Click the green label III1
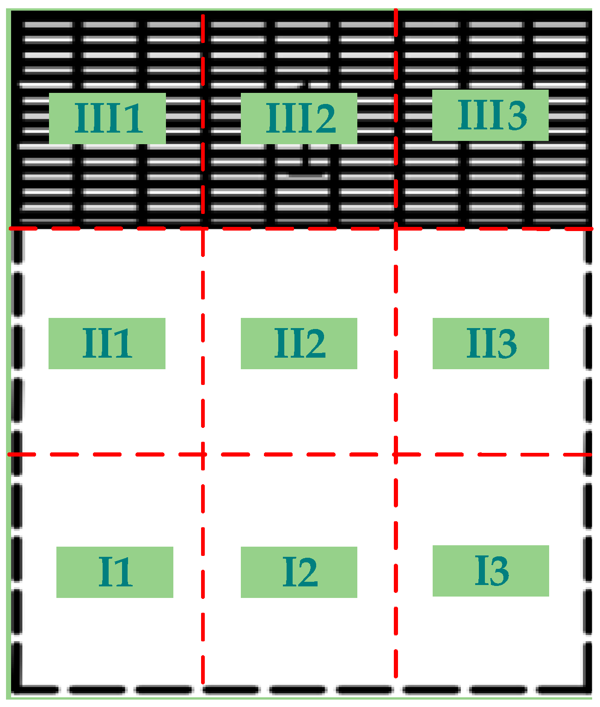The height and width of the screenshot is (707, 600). [107, 118]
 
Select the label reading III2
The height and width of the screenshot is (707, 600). [299, 118]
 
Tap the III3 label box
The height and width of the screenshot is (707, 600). [490, 115]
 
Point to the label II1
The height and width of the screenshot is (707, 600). [107, 343]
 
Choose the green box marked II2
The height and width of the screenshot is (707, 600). [299, 343]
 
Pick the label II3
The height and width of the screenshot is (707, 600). [491, 343]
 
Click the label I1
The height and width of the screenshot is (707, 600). [115, 572]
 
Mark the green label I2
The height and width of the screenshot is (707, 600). [299, 572]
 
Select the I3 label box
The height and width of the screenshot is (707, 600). [491, 571]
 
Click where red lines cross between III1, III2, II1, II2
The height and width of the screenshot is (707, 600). [203, 228]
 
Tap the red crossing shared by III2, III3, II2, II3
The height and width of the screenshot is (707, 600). [396, 228]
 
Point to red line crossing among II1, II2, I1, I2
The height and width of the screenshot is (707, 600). [203, 454]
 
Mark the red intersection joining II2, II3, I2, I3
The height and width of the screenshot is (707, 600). [396, 454]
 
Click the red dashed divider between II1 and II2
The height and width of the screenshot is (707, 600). [203, 342]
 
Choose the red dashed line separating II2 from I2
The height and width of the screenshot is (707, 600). [299, 454]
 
